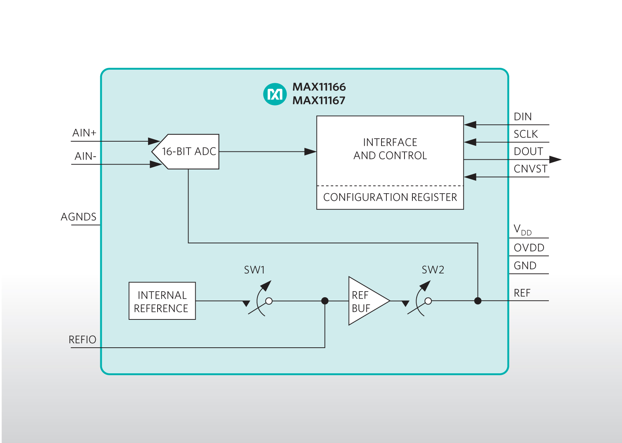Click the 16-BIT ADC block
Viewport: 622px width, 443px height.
[x=188, y=151]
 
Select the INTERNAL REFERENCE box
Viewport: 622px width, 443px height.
[x=162, y=301]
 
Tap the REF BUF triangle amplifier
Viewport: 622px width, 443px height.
[x=366, y=301]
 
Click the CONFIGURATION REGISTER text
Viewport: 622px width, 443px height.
[x=390, y=197]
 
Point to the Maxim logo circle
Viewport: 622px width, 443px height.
[x=274, y=94]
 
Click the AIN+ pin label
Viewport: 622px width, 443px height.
[x=84, y=133]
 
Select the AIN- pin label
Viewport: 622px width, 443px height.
[x=85, y=156]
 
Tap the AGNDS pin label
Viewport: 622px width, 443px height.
[x=78, y=217]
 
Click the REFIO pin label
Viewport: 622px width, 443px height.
[x=82, y=340]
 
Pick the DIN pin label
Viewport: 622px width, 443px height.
[x=522, y=117]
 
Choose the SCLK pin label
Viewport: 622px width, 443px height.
[x=525, y=134]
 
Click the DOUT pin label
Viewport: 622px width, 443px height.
[x=528, y=151]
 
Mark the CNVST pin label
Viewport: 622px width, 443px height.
[x=530, y=169]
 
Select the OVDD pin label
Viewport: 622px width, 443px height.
[x=529, y=248]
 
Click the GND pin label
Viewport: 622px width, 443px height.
[x=525, y=266]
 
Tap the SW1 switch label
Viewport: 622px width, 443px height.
[x=254, y=270]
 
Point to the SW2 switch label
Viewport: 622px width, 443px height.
[x=433, y=270]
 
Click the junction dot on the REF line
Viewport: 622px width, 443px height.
[x=478, y=301]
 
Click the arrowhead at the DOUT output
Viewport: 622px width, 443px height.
[x=555, y=159]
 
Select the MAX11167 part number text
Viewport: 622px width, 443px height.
[x=319, y=101]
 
